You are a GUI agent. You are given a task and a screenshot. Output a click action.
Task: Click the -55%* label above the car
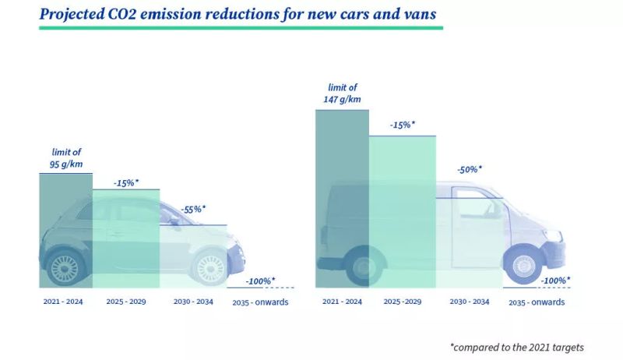[193, 210]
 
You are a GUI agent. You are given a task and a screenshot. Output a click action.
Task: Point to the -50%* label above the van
[469, 169]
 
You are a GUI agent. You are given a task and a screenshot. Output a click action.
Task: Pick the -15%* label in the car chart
[125, 182]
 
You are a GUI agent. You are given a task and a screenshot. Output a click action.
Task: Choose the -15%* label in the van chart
[402, 125]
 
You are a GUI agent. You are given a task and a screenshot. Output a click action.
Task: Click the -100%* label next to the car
[260, 280]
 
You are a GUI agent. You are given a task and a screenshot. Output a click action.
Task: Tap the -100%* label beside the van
[555, 280]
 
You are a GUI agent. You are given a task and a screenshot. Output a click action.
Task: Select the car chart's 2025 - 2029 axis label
[125, 301]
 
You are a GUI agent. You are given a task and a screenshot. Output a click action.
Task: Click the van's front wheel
[523, 265]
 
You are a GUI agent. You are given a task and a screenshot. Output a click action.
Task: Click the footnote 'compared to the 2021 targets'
[516, 347]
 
